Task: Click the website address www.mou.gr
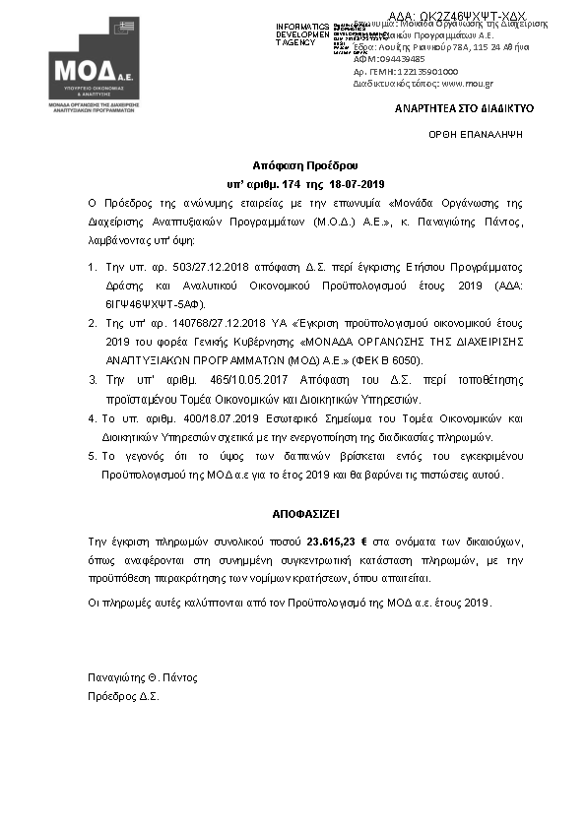click(x=454, y=85)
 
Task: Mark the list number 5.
click(x=92, y=456)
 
